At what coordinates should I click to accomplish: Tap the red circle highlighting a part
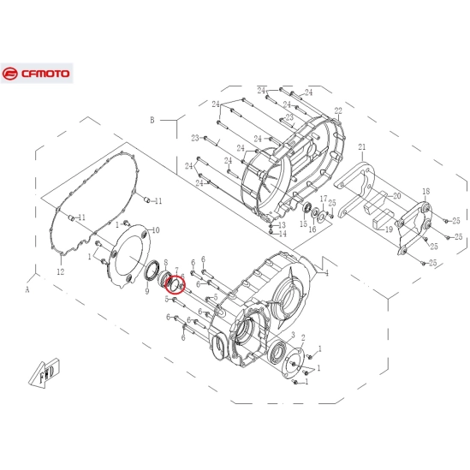point(177,283)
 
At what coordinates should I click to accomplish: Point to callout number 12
point(60,272)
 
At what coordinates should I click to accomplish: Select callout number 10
point(155,230)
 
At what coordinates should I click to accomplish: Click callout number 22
point(338,111)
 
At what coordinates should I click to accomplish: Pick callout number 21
point(361,146)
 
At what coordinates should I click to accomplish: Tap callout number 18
point(425,191)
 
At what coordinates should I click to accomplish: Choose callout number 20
point(396,196)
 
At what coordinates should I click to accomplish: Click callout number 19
point(388,229)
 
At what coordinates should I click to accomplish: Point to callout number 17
point(324,199)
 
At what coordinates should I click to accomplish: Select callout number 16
point(312,229)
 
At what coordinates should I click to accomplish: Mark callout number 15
point(303,224)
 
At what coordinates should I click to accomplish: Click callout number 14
point(283,234)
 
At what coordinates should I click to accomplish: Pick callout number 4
point(326,273)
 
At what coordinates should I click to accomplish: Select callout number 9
point(147,292)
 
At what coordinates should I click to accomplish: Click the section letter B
point(152,121)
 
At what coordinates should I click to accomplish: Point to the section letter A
point(27,290)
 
